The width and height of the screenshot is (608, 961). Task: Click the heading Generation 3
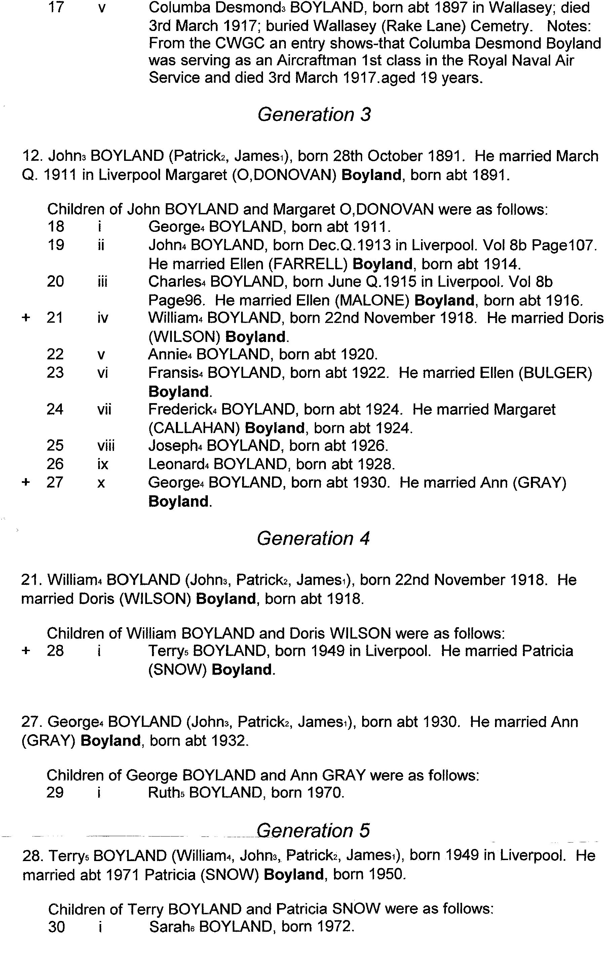[314, 115]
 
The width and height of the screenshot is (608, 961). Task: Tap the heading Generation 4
[313, 538]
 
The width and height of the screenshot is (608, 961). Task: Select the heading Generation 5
[313, 830]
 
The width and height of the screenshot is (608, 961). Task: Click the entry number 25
[55, 446]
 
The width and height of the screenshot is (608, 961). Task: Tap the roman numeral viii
[106, 446]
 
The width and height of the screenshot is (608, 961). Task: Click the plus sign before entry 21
[26, 318]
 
